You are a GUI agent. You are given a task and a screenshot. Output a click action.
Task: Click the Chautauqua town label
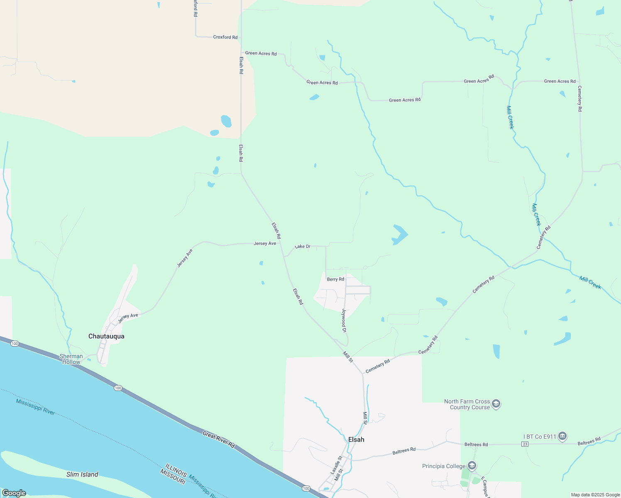(106, 336)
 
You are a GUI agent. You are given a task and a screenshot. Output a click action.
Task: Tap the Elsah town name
(356, 439)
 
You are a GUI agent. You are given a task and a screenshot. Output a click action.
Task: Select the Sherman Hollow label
(71, 359)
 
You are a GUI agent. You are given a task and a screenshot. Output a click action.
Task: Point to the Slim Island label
(82, 474)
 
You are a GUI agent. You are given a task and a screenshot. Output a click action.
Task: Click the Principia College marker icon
(472, 466)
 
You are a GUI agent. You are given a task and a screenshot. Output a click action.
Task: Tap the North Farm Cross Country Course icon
(496, 404)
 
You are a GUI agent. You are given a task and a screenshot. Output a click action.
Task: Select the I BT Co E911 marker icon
(562, 436)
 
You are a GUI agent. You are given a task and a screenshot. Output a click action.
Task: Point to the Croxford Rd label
(225, 37)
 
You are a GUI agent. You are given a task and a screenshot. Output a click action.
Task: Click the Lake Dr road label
(303, 247)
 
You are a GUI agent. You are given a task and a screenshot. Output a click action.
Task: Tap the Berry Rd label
(335, 279)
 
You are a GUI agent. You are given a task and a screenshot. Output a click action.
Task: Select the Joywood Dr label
(344, 320)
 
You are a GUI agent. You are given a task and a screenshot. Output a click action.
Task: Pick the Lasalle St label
(336, 465)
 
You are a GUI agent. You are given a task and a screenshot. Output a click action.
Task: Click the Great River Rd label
(219, 440)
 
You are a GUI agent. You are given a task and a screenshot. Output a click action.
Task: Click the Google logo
(14, 493)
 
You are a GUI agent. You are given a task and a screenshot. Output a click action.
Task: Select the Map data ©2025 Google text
(595, 495)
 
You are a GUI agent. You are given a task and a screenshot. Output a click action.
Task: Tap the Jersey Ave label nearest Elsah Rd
(265, 243)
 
